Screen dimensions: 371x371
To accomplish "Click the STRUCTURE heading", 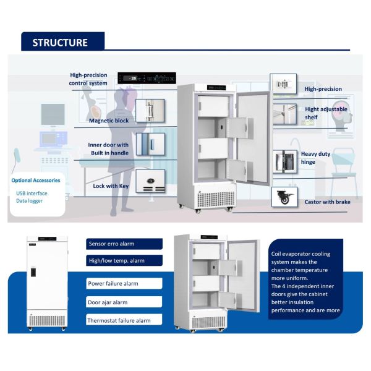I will (60, 43).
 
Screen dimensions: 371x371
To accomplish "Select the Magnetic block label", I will (109, 121).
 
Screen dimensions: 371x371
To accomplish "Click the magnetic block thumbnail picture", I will (149, 111).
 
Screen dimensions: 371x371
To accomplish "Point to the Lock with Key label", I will (111, 186).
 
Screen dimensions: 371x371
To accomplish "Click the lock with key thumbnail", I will (150, 181).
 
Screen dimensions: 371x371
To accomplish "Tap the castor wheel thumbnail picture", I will (284, 198).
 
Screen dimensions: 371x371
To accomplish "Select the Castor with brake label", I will (326, 202).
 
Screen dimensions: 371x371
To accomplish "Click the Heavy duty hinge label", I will (316, 158).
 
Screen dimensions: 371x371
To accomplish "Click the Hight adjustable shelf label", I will (326, 113).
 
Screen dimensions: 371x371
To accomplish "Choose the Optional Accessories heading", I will (36, 181).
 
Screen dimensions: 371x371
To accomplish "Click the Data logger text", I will (30, 201).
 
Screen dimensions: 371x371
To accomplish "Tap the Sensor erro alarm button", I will (124, 244).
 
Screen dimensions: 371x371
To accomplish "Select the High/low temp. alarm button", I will (124, 261).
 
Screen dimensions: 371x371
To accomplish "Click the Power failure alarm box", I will (124, 283).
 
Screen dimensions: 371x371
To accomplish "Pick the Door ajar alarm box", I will (124, 302).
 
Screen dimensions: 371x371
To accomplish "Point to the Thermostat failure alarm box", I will (124, 320).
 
